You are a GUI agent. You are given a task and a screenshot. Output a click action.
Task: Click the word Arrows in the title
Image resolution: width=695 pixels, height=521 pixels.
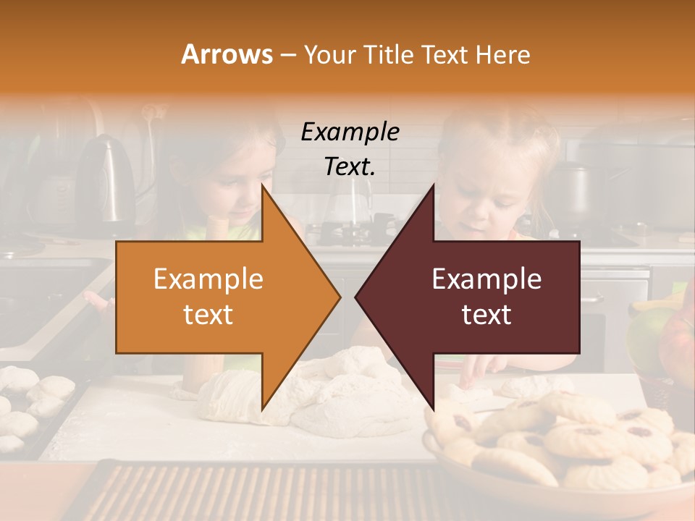(x=227, y=54)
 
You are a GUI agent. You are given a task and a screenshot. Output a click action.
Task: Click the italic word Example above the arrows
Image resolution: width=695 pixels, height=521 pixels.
(x=350, y=132)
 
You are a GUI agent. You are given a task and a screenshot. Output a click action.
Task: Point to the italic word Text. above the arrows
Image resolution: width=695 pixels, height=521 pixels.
(x=350, y=167)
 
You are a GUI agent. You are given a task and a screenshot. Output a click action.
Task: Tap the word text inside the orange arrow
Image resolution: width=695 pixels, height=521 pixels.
(x=208, y=315)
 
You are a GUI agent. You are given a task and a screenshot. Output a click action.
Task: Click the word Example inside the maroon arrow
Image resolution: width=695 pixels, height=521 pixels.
(x=486, y=279)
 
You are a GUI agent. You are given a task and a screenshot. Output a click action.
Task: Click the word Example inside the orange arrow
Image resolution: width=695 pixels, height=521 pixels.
(x=208, y=279)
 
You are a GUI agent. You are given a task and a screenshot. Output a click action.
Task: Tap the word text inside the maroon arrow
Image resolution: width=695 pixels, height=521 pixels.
(x=486, y=315)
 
